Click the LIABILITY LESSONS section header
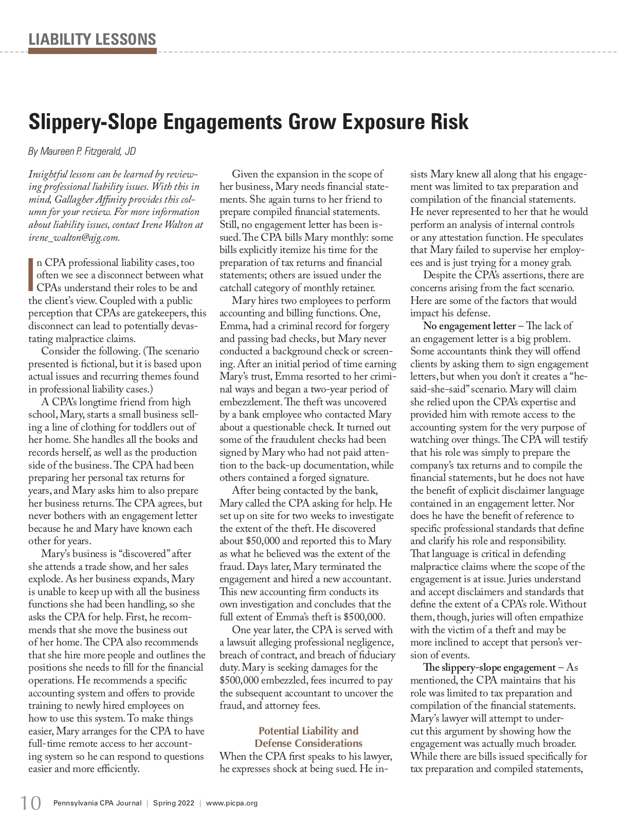(92, 39)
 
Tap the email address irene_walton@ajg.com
(74, 237)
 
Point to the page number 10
(30, 803)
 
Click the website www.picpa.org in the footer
(231, 803)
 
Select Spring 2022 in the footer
(173, 803)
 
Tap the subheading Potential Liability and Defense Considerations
(308, 737)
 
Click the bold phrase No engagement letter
(469, 326)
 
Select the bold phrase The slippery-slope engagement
(489, 668)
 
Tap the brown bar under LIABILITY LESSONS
(92, 51)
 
